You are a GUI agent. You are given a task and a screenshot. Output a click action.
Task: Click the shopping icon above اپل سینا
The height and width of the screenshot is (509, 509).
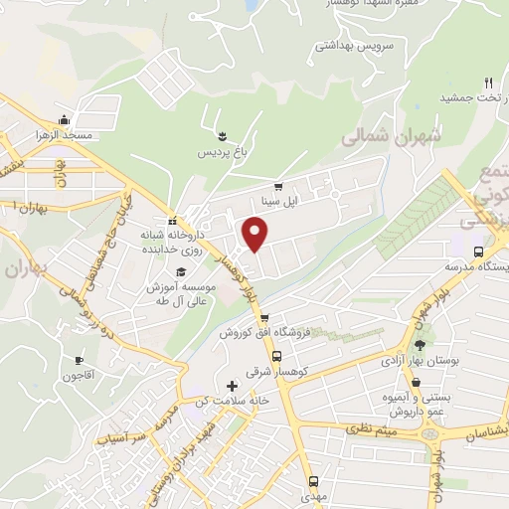278,185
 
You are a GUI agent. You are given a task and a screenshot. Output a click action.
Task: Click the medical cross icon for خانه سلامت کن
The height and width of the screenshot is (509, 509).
232,385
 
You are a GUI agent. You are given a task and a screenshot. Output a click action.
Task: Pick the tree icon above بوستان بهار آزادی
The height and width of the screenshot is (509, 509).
419,344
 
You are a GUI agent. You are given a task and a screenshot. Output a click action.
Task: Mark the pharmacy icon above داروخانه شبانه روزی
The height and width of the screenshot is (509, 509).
172,221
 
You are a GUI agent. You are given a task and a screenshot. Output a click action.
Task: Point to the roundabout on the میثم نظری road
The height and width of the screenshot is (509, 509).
429,433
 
